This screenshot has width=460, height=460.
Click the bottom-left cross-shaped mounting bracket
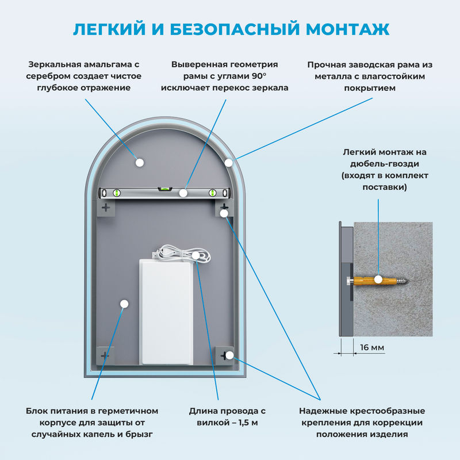[x=105, y=356]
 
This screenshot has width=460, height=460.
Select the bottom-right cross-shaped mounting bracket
[x=224, y=355]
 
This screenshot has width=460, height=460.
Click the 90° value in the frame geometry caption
[x=259, y=76]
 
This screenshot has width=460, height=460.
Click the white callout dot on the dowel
[x=378, y=280]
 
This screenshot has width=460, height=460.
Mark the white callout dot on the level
[x=183, y=193]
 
